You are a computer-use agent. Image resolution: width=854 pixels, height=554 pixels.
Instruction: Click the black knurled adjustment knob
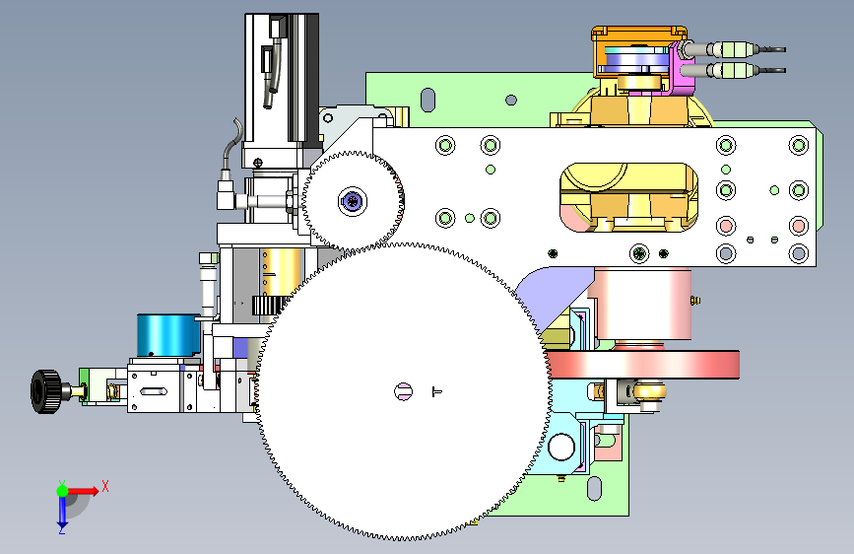click(45, 391)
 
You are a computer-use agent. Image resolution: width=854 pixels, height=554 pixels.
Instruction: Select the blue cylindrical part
click(168, 335)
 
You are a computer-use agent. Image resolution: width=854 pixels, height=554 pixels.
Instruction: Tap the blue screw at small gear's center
click(353, 202)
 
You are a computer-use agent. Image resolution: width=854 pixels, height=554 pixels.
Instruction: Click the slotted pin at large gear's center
click(404, 391)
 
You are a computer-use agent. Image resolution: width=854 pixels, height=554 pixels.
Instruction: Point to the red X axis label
click(105, 486)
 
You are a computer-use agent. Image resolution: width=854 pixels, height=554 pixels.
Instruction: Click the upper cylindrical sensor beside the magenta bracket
click(733, 49)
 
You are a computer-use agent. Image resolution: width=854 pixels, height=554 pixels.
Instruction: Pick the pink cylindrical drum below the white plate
click(643, 304)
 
